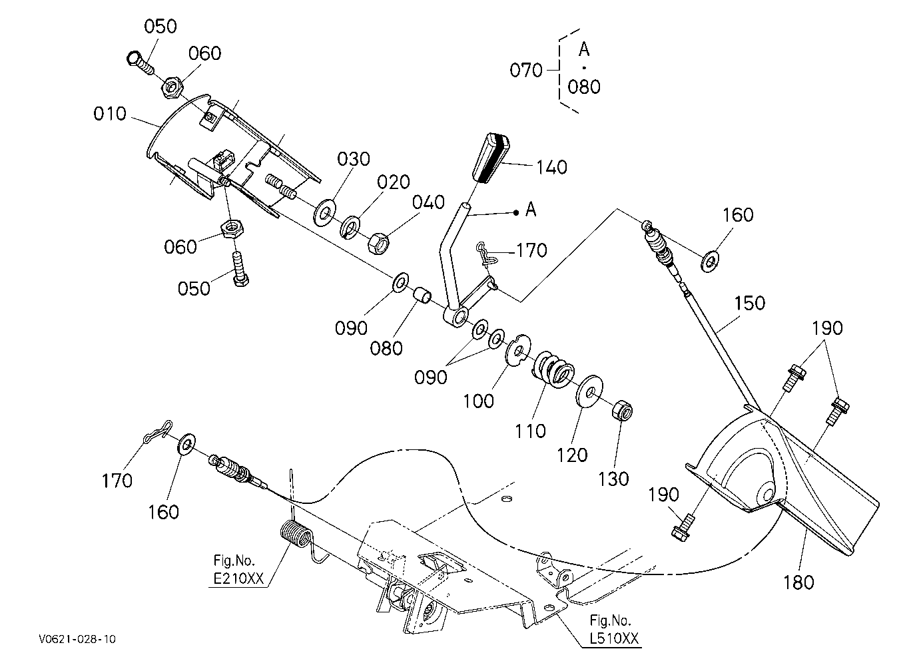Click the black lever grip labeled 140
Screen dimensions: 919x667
pyautogui.click(x=491, y=158)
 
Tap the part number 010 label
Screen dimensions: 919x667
pyautogui.click(x=109, y=114)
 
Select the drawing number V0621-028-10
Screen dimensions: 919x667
pyautogui.click(x=77, y=638)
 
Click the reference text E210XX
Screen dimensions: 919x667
pyautogui.click(x=238, y=578)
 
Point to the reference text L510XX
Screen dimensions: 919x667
pyautogui.click(x=614, y=638)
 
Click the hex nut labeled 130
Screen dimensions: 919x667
pyautogui.click(x=622, y=410)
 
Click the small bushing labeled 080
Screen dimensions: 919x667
pyautogui.click(x=422, y=296)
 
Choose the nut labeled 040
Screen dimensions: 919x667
pyautogui.click(x=378, y=244)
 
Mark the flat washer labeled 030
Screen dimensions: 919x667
pyautogui.click(x=325, y=212)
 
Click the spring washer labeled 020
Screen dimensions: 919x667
pyautogui.click(x=350, y=227)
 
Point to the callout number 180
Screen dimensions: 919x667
pyautogui.click(x=798, y=582)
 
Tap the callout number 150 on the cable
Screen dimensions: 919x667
pyautogui.click(x=749, y=303)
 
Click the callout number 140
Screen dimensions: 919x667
pyautogui.click(x=552, y=167)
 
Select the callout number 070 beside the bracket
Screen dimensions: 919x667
pyautogui.click(x=526, y=70)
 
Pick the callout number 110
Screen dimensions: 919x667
pyautogui.click(x=530, y=431)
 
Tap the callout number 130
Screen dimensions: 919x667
pyautogui.click(x=613, y=479)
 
